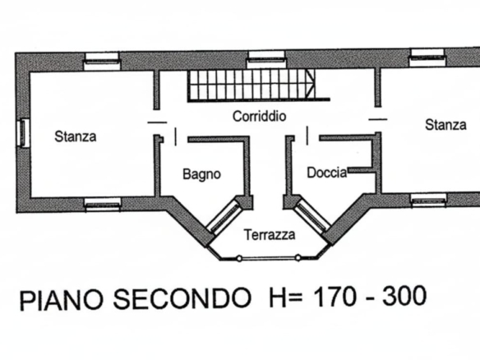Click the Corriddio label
point(259,117)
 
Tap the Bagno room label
point(201,174)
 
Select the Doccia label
point(327,173)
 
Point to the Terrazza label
point(270,235)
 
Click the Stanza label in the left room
point(76,136)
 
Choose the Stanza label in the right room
point(445,125)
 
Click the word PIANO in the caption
point(61,299)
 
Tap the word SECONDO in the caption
point(182,298)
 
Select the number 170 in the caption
point(335,297)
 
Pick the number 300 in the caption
point(404,295)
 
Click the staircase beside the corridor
point(251,85)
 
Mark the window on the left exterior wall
point(24,133)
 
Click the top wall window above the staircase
point(266,59)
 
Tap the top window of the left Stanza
point(102,61)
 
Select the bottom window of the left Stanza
point(103,204)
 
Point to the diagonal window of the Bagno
point(224,216)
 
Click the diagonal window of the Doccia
point(312,216)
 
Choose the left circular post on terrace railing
point(239,259)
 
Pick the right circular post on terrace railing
point(298,258)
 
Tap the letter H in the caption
point(277,297)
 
